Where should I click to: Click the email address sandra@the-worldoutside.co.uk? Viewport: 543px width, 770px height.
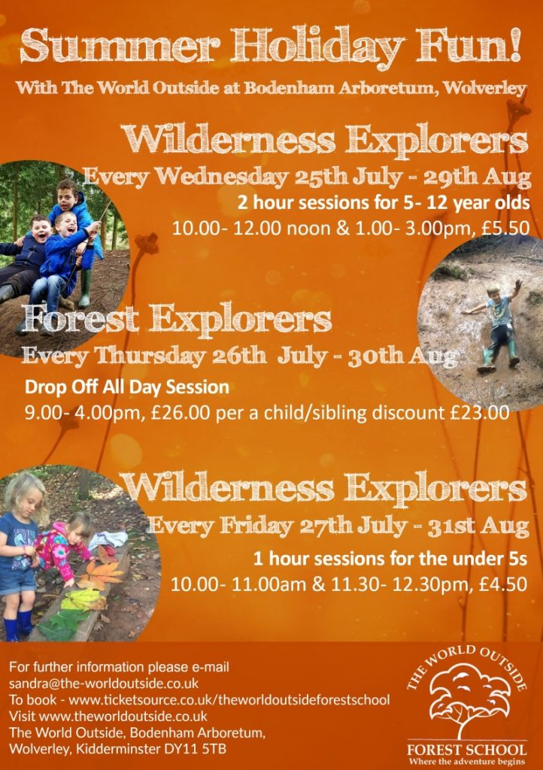pos(104,683)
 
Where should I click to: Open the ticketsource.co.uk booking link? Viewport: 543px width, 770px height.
pos(229,699)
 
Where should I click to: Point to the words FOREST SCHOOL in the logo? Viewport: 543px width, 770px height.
pos(466,750)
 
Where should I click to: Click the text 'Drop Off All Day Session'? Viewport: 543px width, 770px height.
pos(127,387)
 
